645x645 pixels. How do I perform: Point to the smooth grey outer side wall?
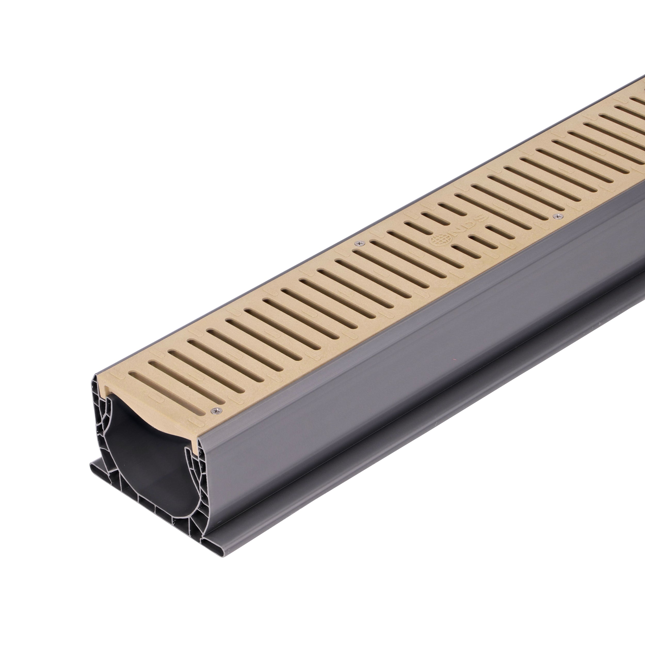[367, 384]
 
